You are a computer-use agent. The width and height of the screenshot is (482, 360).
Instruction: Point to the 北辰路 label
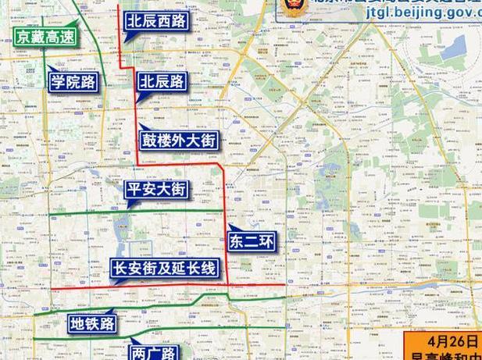pyautogui.click(x=162, y=80)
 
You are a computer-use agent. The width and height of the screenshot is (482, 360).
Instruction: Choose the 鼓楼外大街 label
pyautogui.click(x=178, y=141)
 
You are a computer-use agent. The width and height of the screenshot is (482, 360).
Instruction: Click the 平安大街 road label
pyautogui.click(x=156, y=189)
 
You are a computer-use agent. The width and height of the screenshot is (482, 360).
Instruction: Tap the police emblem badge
pyautogui.click(x=298, y=5)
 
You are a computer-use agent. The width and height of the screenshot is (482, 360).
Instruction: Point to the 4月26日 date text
pyautogui.click(x=442, y=341)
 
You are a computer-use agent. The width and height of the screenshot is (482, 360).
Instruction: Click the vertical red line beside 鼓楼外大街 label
pyautogui.click(x=137, y=141)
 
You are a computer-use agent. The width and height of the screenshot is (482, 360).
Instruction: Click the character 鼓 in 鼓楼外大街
pyautogui.click(x=151, y=141)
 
